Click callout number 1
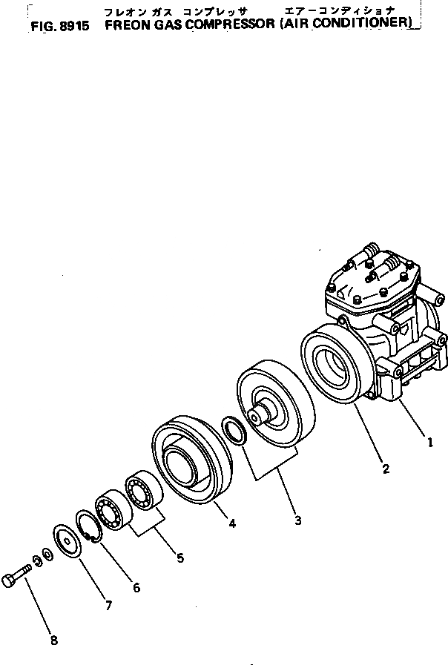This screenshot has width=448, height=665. click(x=429, y=443)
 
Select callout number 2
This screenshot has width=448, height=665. click(x=386, y=468)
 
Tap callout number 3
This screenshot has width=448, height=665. click(x=297, y=520)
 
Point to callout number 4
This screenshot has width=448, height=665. click(x=232, y=523)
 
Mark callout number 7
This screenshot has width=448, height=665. click(x=108, y=605)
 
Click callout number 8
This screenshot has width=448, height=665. click(x=53, y=641)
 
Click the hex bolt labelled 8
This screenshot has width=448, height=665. click(x=16, y=578)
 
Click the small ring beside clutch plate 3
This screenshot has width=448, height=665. click(x=236, y=431)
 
